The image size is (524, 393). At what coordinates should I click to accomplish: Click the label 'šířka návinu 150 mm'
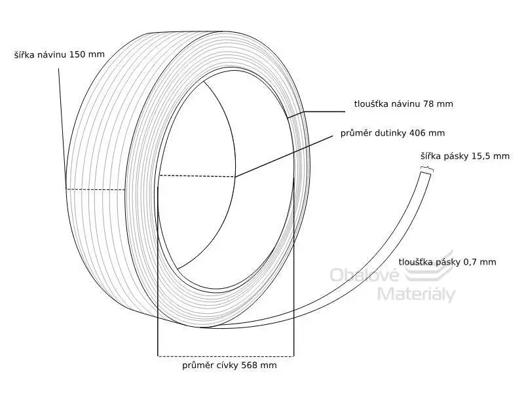[x=60, y=54]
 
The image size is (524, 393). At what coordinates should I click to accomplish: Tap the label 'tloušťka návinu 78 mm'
[x=403, y=104]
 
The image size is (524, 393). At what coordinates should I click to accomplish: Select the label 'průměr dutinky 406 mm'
[x=392, y=133]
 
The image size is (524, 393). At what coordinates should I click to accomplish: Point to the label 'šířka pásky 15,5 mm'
[x=465, y=156]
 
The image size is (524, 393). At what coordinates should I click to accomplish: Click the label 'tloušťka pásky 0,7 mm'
[x=447, y=262]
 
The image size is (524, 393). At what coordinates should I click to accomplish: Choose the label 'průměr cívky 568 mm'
[x=230, y=365]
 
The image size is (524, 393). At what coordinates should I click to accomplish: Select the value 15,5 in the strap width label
[x=481, y=157]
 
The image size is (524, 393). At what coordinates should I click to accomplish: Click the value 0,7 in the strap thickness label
[x=470, y=263]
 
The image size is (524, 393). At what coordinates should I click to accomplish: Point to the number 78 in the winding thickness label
[x=429, y=104]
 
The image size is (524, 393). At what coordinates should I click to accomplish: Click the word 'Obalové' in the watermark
[x=365, y=275]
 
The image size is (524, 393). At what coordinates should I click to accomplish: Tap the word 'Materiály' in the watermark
[x=417, y=294]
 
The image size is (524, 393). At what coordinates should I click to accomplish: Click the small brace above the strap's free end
[x=427, y=169]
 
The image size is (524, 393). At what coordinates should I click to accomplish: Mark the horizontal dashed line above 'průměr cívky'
[x=225, y=356]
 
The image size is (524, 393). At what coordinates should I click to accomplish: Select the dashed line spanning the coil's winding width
[x=96, y=190]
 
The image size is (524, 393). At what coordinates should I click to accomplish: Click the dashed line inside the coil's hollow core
[x=196, y=176]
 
